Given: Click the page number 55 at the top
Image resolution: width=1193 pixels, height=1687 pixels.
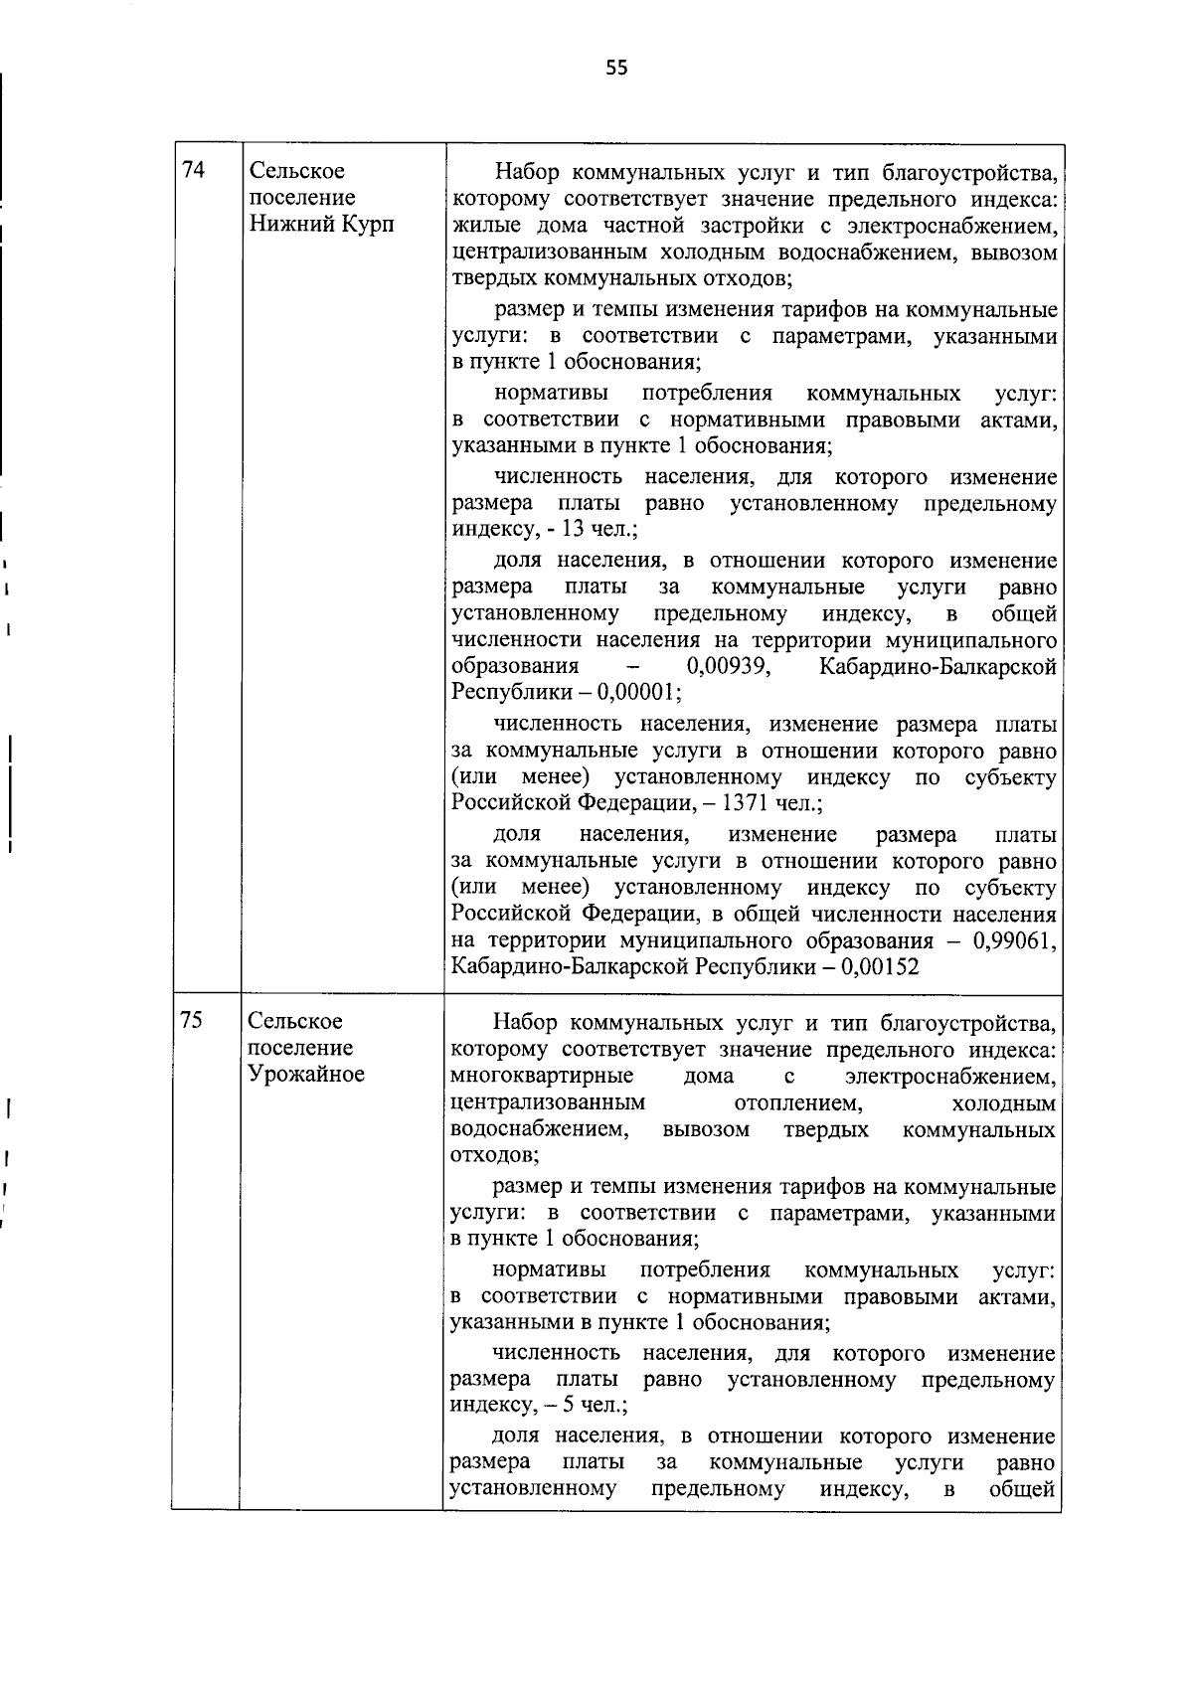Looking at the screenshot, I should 616,68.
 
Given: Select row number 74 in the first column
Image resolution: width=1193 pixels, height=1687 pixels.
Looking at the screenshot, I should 194,170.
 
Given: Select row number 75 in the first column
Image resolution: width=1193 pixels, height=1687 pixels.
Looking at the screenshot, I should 193,1020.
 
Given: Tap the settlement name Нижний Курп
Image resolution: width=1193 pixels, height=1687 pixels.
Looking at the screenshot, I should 320,224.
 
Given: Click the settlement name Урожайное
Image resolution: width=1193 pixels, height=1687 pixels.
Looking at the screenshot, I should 306,1074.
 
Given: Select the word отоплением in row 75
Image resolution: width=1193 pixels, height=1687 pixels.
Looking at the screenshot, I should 796,1103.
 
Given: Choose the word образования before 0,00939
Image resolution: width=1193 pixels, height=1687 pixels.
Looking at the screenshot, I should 515,666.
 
